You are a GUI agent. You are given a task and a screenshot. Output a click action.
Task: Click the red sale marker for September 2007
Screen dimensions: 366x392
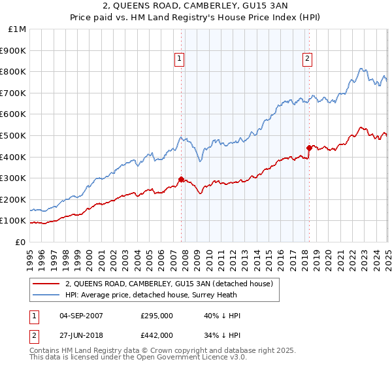point(181,179)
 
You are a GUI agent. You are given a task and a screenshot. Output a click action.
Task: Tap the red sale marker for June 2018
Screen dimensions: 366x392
point(309,148)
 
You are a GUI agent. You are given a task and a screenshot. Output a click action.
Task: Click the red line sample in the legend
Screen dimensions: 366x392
point(46,284)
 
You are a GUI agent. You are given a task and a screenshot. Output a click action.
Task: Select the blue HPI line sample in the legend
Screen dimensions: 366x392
point(46,295)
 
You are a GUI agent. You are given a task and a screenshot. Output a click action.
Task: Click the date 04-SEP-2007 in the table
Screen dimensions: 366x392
point(81,316)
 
